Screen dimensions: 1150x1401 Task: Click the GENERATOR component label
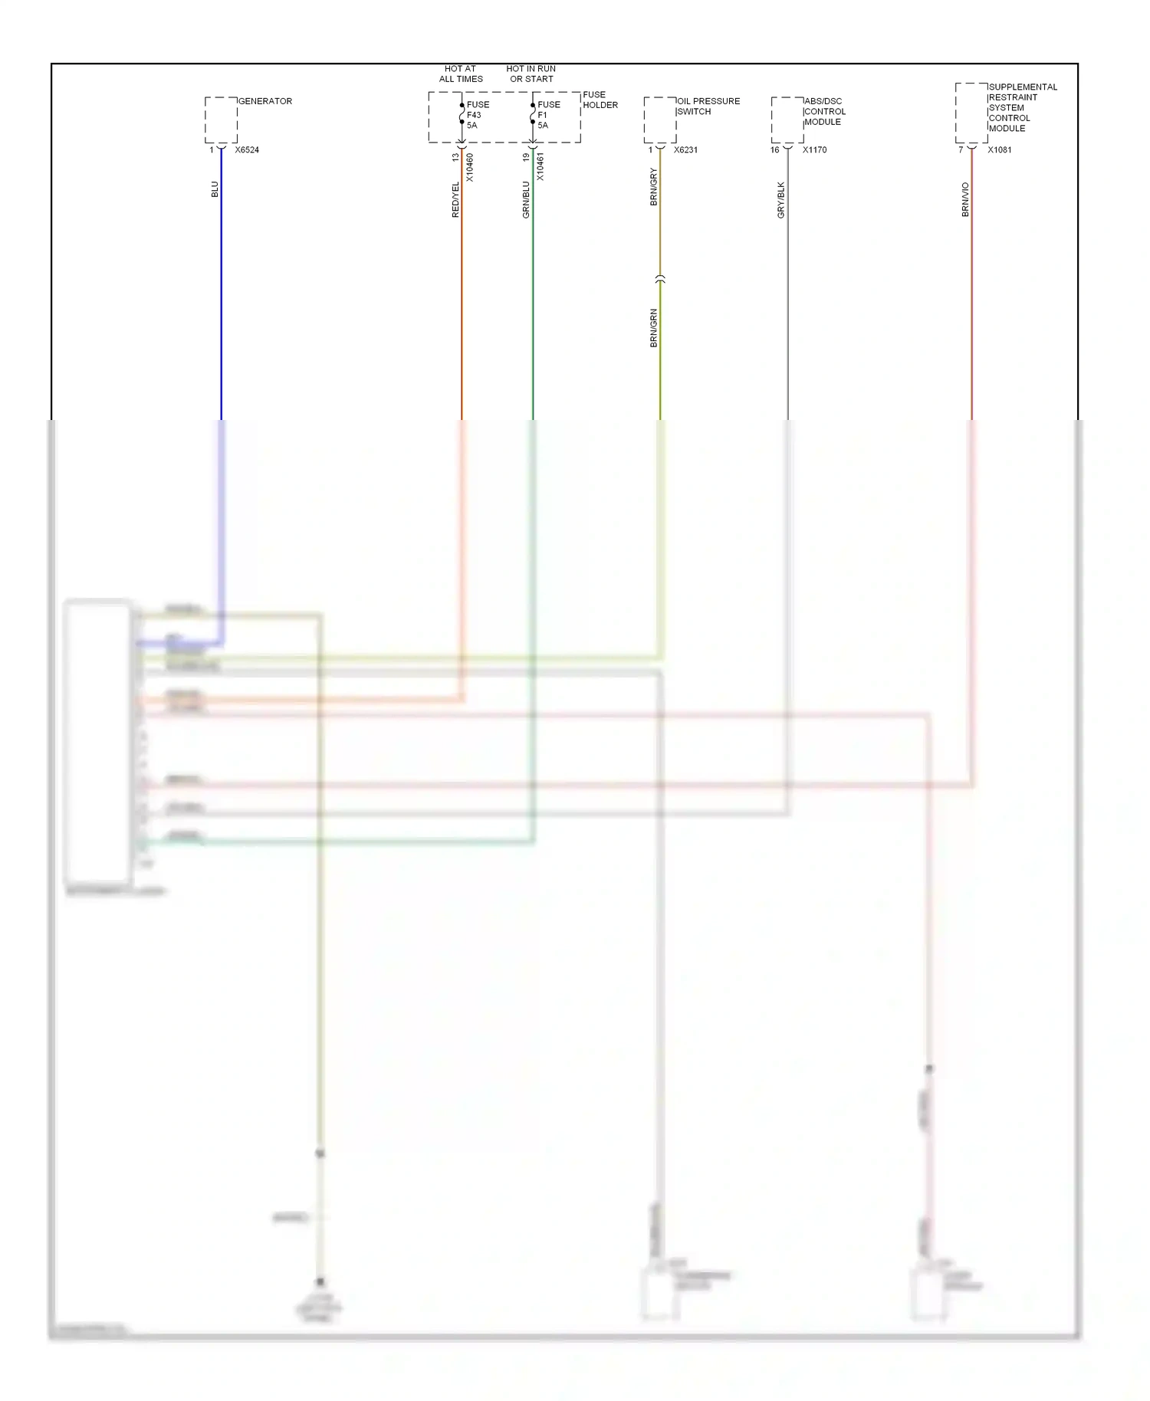click(x=264, y=101)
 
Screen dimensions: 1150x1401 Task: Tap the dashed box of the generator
click(x=221, y=120)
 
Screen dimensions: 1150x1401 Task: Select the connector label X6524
click(x=247, y=150)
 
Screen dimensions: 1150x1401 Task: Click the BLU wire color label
click(x=215, y=189)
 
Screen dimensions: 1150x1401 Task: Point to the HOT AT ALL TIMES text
click(x=461, y=74)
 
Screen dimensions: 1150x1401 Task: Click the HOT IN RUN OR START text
click(x=531, y=74)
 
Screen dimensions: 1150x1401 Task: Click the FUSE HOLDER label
click(x=600, y=100)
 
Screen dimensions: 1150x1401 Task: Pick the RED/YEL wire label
click(x=455, y=199)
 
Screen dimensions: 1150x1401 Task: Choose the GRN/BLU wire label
click(x=526, y=199)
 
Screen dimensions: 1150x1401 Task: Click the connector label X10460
click(x=470, y=167)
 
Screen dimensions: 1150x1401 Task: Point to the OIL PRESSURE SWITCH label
click(x=708, y=106)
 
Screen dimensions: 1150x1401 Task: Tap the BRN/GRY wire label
click(x=654, y=187)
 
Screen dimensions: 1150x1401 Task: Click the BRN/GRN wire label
click(x=654, y=328)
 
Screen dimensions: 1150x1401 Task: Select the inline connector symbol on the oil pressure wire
click(x=660, y=280)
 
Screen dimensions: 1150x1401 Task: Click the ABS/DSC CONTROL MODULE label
click(x=824, y=112)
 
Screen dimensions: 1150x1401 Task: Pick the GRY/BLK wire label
click(x=781, y=199)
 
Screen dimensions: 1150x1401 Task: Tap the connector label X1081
click(x=1000, y=150)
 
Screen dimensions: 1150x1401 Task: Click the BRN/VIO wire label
click(x=965, y=199)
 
